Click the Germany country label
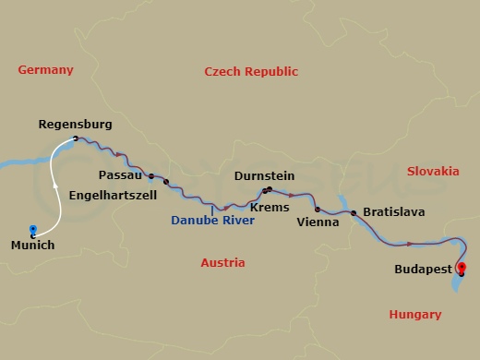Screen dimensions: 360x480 point(45,70)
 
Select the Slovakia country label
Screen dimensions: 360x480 point(432,171)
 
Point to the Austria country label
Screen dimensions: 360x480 point(222,263)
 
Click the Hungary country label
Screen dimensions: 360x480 point(414,315)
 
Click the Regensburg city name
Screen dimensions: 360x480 point(76,123)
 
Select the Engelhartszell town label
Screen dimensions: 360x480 point(113,195)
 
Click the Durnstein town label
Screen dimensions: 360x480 point(264,174)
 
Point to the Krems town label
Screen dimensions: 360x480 point(270,207)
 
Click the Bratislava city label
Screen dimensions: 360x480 point(393,211)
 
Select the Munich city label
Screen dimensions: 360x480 point(32,246)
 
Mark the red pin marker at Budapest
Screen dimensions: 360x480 point(462,268)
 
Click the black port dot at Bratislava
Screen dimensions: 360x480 point(354,212)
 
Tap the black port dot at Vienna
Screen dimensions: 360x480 point(317,209)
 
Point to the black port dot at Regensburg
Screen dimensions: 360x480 point(74,139)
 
